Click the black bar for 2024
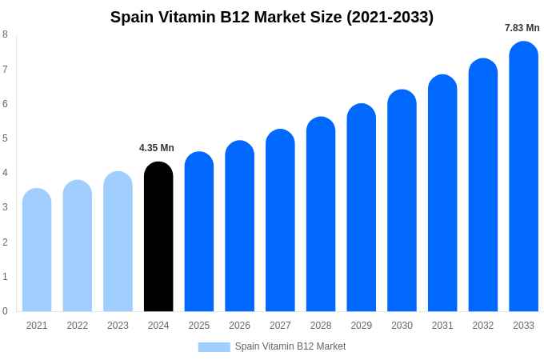158,237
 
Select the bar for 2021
37,250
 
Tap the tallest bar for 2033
523,176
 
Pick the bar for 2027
280,220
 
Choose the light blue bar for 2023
118,242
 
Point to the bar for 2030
402,200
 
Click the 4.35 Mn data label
157,148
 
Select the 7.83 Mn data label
522,28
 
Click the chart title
272,17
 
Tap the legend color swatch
214,346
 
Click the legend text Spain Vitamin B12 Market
290,346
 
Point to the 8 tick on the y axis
5,34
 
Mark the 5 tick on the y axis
5,138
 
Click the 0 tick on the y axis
5,311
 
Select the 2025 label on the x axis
199,326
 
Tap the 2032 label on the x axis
482,326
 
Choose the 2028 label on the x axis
321,326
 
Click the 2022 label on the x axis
78,326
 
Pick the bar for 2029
361,207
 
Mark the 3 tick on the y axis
5,207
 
